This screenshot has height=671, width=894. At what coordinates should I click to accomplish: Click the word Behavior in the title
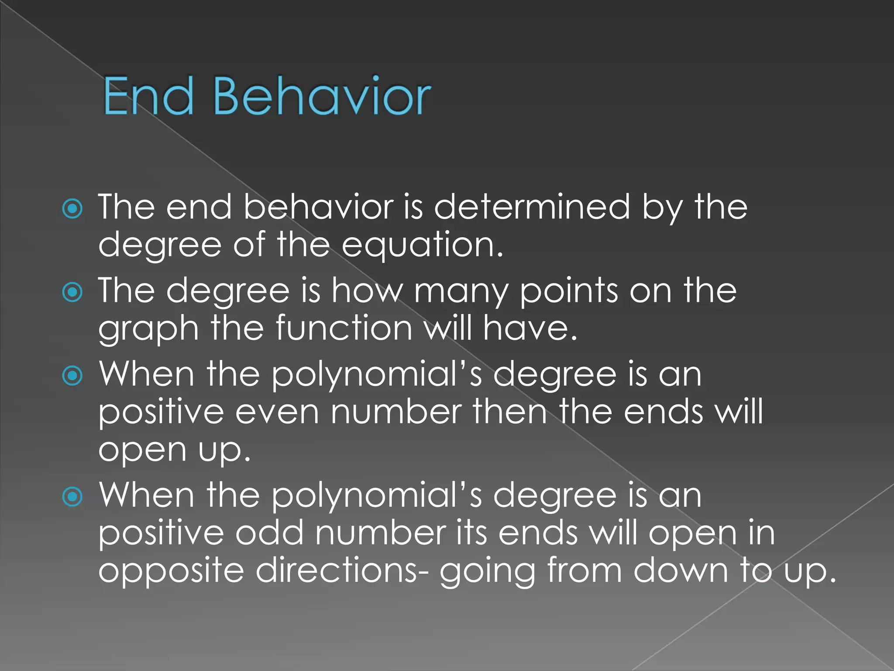click(322, 96)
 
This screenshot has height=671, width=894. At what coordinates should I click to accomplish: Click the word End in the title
click(148, 96)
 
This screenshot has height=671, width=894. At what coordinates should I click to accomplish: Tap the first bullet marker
click(72, 209)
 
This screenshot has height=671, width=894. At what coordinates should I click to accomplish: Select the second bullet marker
click(72, 292)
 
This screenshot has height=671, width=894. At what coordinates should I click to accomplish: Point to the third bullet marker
click(72, 376)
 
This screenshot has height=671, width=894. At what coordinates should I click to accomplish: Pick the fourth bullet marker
click(72, 497)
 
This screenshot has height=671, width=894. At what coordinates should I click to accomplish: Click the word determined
click(532, 207)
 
